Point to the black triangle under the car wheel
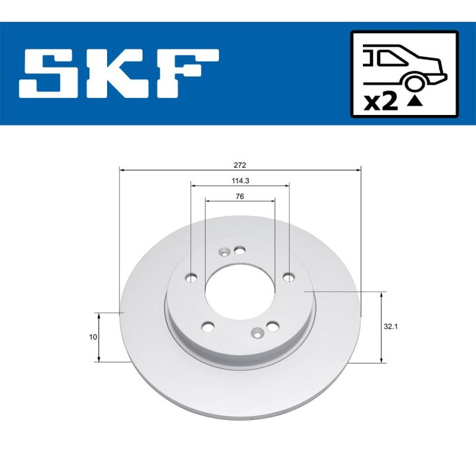(x=415, y=101)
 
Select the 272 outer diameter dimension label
(x=240, y=164)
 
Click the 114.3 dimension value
(x=240, y=180)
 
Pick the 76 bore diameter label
(x=240, y=196)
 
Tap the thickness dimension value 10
(x=93, y=337)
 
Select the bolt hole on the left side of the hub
(x=192, y=278)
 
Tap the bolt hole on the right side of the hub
(x=287, y=276)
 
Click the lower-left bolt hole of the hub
(x=208, y=326)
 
